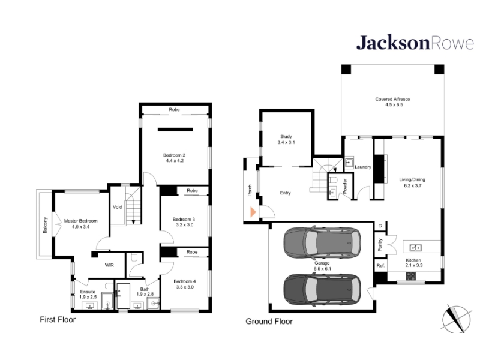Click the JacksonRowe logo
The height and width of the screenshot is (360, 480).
(415, 43)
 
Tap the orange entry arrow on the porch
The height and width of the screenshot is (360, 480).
(253, 212)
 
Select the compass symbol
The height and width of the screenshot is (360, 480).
(457, 319)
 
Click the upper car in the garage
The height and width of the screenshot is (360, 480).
(322, 242)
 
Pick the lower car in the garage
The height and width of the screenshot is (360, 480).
(322, 289)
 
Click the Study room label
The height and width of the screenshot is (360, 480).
(286, 137)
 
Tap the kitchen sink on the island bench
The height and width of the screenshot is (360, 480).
(415, 247)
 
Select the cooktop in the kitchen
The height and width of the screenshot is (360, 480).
(411, 276)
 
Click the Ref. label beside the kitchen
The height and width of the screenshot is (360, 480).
(380, 265)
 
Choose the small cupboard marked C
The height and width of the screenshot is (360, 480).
(380, 226)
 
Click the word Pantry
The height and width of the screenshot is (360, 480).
(380, 245)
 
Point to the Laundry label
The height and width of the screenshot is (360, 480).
(363, 167)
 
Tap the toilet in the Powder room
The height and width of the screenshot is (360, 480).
(334, 179)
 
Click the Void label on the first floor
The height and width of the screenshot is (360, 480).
(117, 207)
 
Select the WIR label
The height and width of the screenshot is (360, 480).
(109, 265)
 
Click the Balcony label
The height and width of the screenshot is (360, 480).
(46, 226)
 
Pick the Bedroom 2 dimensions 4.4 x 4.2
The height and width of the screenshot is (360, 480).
(175, 160)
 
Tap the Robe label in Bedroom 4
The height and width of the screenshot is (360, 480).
(192, 252)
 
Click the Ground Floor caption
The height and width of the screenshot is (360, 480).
(269, 322)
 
